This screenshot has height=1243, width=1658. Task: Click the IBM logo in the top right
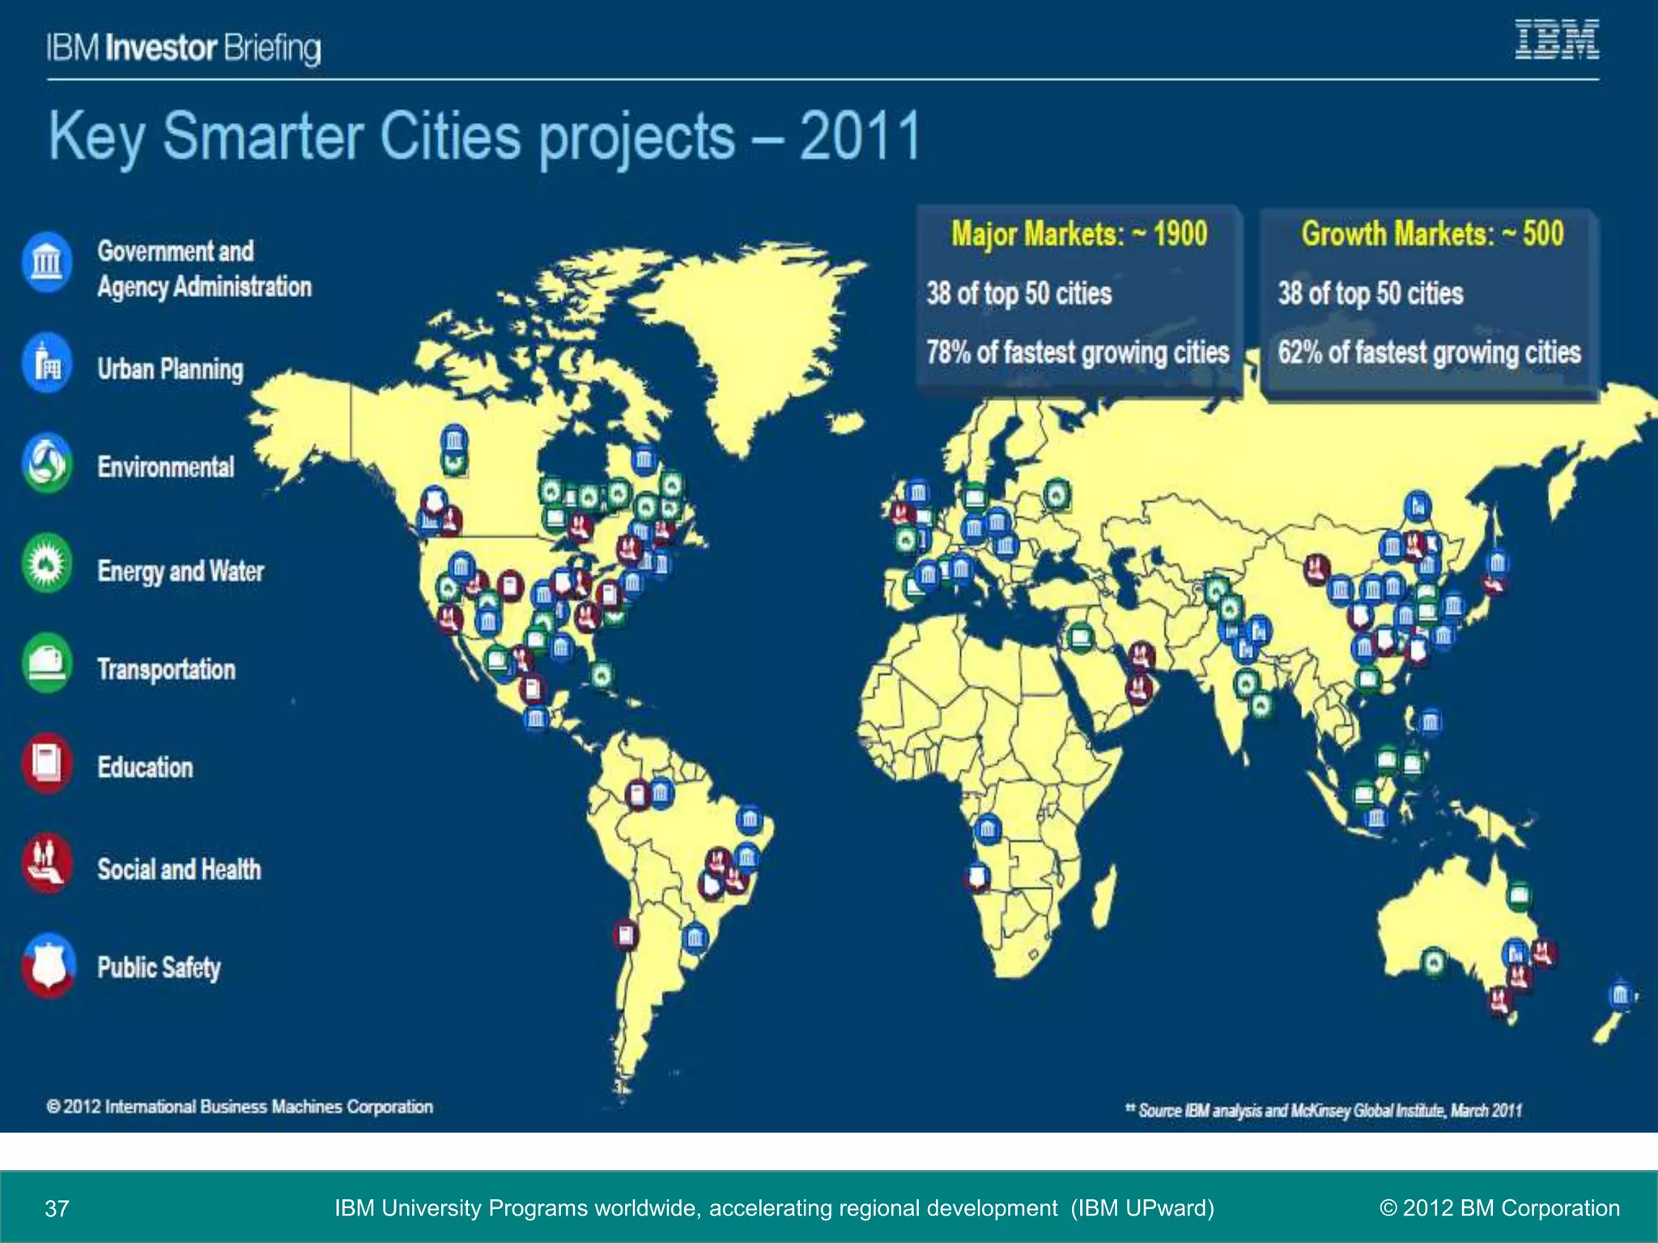pyautogui.click(x=1556, y=40)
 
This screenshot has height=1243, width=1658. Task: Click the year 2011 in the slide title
pyautogui.click(x=860, y=136)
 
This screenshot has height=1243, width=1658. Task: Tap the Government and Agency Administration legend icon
pyautogui.click(x=47, y=262)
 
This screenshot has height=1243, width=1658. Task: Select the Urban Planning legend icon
pyautogui.click(x=47, y=363)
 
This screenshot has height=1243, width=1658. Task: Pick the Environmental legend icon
pyautogui.click(x=47, y=463)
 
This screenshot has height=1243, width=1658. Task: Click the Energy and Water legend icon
pyautogui.click(x=47, y=563)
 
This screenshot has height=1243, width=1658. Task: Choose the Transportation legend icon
pyautogui.click(x=47, y=664)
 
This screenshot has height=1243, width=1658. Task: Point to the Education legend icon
pyautogui.click(x=47, y=763)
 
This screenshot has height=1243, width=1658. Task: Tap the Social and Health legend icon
pyautogui.click(x=47, y=863)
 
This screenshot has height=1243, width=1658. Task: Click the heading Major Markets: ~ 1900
pyautogui.click(x=1078, y=234)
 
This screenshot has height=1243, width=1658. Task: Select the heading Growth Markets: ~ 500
pyautogui.click(x=1432, y=234)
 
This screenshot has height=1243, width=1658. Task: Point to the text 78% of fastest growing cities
pyautogui.click(x=1078, y=353)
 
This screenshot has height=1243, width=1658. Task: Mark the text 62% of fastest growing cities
pyautogui.click(x=1429, y=353)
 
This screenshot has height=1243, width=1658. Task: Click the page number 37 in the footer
pyautogui.click(x=57, y=1209)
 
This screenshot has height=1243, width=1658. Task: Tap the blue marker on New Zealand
pyautogui.click(x=1620, y=995)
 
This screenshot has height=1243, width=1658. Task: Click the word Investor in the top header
pyautogui.click(x=161, y=49)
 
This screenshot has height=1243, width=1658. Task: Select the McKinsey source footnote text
pyautogui.click(x=1324, y=1110)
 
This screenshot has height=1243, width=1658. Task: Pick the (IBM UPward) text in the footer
pyautogui.click(x=1142, y=1208)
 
